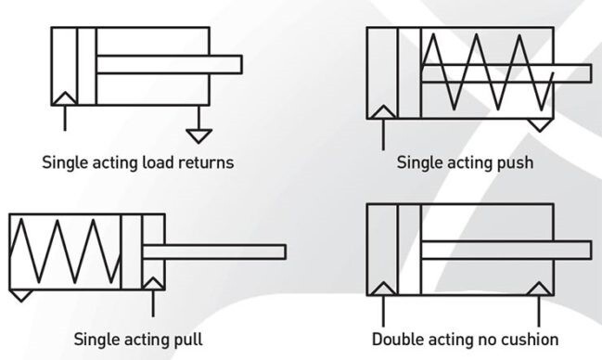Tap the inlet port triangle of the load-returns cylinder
tap(65, 98)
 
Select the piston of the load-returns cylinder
tap(87, 66)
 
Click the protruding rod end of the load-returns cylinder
tap(241, 64)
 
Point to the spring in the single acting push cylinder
tap(488, 72)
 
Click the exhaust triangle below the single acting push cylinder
tap(540, 125)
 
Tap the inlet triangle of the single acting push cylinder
tap(383, 112)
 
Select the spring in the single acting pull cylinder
tap(65, 251)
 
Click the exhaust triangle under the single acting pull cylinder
tap(21, 295)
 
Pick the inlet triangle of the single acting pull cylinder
tap(153, 284)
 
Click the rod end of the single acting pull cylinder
tap(286, 252)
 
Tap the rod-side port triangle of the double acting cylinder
tap(539, 289)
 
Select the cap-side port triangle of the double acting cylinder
tap(383, 289)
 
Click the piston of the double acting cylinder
tap(409, 250)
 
